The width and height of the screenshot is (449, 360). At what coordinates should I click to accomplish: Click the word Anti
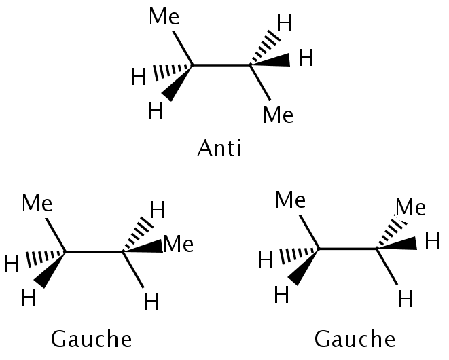219,148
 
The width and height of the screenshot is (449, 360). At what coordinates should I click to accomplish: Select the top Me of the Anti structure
164,17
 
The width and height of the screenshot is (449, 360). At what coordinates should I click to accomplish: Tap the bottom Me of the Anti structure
278,115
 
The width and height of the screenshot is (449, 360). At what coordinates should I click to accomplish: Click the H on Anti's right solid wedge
306,58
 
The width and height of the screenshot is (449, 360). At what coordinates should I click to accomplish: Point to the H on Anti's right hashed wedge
284,24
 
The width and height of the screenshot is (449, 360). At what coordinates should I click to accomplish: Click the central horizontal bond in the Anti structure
221,66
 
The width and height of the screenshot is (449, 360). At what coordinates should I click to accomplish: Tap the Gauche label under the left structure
92,339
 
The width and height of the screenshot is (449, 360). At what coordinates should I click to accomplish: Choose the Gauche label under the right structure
355,339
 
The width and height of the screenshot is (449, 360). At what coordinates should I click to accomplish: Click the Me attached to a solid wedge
179,244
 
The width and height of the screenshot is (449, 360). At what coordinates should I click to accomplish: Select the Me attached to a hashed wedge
410,207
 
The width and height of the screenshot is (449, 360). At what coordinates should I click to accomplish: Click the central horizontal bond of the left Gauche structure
94,252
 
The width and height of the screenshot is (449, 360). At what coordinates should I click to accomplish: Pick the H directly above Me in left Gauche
157,210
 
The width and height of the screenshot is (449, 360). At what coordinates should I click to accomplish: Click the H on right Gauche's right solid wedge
431,241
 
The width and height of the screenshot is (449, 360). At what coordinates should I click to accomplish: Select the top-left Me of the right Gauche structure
290,200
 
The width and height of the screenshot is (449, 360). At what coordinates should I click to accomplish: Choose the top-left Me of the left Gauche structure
37,203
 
